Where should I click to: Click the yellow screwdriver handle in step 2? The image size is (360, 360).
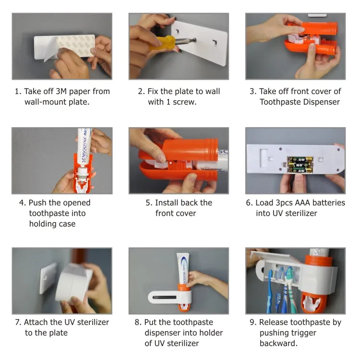161,43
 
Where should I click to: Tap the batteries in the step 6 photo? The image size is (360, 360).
300,164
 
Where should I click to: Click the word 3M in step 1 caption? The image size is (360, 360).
61,91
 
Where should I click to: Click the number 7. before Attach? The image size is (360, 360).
18,323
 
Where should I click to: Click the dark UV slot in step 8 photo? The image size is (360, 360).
164,298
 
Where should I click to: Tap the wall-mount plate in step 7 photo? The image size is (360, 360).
48,278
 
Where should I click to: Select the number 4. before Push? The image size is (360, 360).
23,203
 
